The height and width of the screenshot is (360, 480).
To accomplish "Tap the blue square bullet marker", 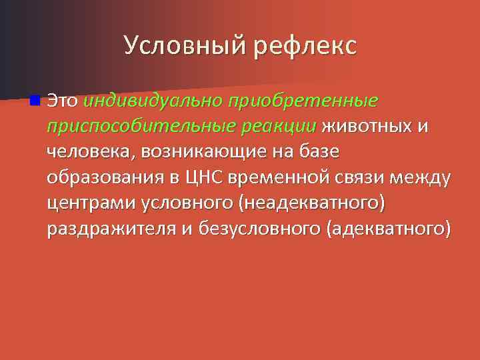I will (x=34, y=101).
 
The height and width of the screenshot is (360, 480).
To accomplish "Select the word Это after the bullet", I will (x=63, y=101).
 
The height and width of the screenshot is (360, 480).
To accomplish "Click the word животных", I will (x=368, y=127).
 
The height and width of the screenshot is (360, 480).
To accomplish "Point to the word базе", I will (x=316, y=152).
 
